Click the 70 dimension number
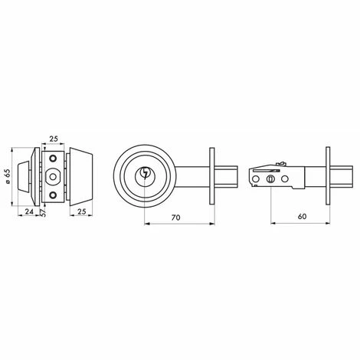[175, 218]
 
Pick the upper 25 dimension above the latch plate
[53, 139]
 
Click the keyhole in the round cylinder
[145, 176]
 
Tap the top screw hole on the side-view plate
[53, 158]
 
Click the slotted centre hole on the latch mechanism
[271, 177]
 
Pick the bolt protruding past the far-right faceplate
[338, 176]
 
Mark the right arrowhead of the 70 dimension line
[209, 224]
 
